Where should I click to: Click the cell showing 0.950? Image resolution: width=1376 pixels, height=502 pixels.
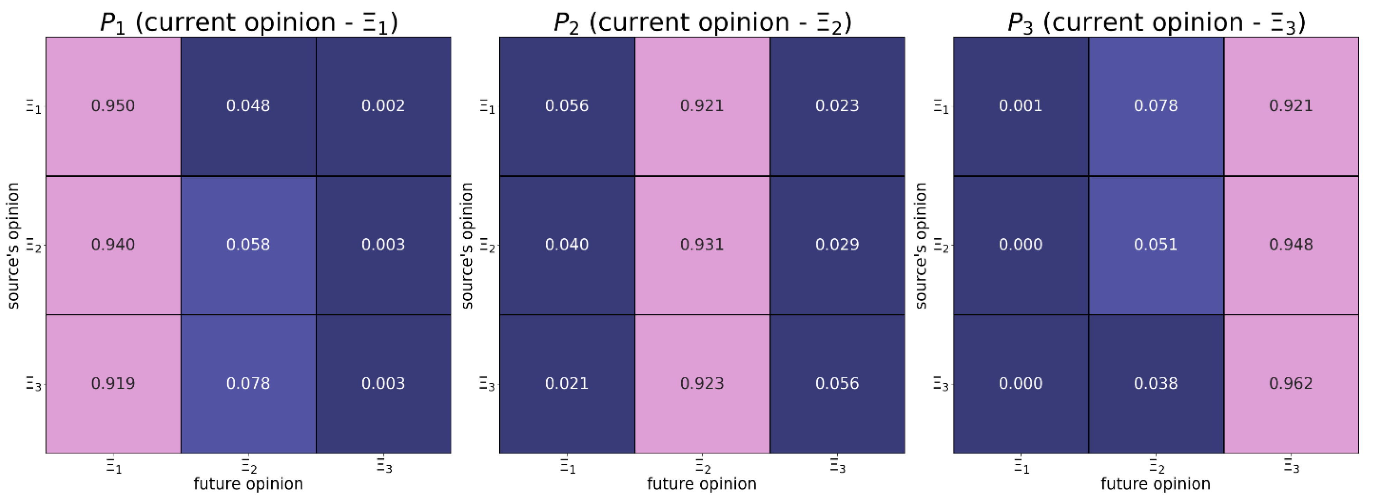click(x=113, y=106)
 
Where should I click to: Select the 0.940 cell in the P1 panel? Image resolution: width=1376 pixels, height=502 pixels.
click(x=113, y=245)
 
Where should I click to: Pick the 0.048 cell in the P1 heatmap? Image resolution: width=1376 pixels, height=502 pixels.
click(x=248, y=106)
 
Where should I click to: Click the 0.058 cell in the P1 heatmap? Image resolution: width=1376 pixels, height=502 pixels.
click(x=248, y=245)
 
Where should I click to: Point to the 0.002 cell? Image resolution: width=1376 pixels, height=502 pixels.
click(x=383, y=106)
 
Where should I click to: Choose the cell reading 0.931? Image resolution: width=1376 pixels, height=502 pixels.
click(x=702, y=245)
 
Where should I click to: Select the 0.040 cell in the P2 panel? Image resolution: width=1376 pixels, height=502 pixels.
click(x=567, y=245)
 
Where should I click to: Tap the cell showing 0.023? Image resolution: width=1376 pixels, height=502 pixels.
click(x=837, y=106)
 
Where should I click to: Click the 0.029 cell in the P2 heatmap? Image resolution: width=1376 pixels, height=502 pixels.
click(x=837, y=245)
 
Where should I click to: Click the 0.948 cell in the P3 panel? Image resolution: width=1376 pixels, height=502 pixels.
click(x=1291, y=245)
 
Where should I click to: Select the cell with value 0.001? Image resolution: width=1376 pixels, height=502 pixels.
click(x=1021, y=106)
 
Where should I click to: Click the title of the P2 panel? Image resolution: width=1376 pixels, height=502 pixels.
click(x=702, y=22)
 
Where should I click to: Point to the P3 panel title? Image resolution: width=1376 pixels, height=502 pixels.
click(x=1156, y=22)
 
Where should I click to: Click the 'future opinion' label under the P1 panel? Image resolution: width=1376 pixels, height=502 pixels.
click(x=248, y=484)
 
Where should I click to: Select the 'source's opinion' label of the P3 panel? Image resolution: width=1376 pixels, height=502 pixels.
click(x=921, y=245)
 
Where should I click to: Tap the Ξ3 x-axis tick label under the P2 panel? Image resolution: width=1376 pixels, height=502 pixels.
click(x=837, y=467)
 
